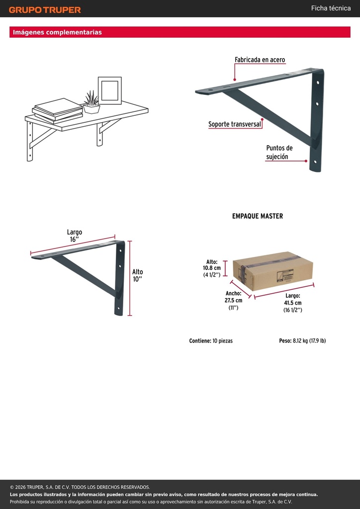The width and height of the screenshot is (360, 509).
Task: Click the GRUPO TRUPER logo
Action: [45, 10]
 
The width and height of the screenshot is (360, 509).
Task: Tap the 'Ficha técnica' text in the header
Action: [331, 8]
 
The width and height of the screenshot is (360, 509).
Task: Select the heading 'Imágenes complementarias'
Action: [57, 32]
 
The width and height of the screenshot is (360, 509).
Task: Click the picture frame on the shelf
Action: [110, 90]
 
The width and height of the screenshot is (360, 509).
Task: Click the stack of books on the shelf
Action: [58, 111]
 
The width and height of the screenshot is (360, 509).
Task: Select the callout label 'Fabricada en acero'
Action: [260, 60]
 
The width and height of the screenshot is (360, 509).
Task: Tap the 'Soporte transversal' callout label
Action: [235, 124]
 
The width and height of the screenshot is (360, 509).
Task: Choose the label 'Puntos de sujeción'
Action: [279, 152]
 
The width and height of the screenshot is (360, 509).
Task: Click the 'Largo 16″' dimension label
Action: [75, 236]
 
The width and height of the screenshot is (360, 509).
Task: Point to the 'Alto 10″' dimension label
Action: [137, 275]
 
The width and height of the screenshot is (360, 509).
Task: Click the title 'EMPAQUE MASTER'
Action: [258, 216]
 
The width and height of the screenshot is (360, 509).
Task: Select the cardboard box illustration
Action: [272, 271]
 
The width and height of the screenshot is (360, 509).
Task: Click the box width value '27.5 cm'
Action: [233, 300]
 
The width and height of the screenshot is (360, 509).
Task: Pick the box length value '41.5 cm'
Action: [292, 303]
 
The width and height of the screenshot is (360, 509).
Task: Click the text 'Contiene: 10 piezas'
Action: [211, 341]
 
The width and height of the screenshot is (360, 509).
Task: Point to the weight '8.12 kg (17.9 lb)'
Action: [309, 341]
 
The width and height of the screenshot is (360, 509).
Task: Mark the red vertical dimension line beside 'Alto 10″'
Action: [130, 278]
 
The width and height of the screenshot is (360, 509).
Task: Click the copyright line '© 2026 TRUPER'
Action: [80, 487]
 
